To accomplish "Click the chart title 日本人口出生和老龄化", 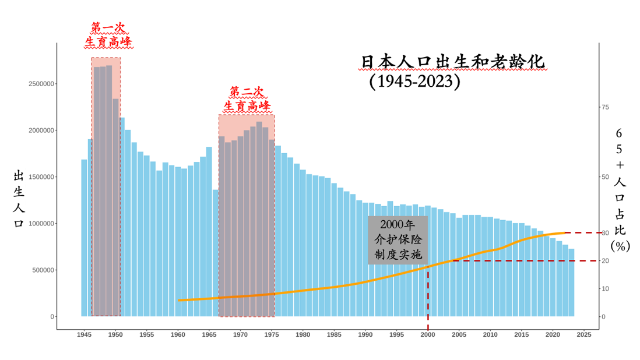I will pos(452,62).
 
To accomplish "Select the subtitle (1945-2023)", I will pos(414,81).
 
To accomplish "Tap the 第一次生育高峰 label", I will pos(108,36).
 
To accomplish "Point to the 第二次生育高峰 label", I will pos(247,100).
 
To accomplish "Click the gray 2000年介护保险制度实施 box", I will pos(398,240).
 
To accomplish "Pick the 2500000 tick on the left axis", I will pos(41,84).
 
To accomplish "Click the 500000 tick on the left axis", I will pos(43,270).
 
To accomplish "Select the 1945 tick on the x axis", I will pos(84,335).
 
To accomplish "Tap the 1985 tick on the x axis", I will pos(334,335).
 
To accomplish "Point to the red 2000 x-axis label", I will pos(428,335).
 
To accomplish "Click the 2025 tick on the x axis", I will pos(584,335).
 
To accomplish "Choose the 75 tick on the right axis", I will pos(605,107).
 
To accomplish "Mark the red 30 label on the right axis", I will pos(606,233).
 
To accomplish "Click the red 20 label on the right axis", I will pos(606,261).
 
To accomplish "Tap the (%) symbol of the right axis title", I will pos(620,246).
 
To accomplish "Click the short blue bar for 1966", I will pos(216,253).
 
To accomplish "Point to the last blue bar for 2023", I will pos(571,283).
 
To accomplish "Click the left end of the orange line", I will pos(179,301).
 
